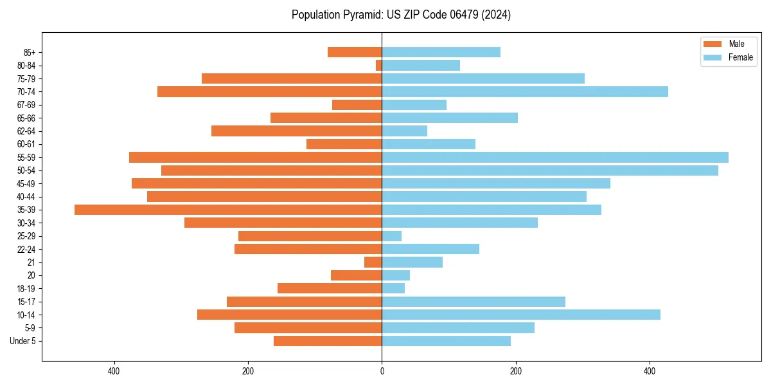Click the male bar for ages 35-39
(x=228, y=210)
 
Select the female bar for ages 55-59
(x=555, y=157)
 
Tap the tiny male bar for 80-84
(x=379, y=65)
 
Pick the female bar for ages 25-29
(x=392, y=236)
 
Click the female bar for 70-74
(x=525, y=91)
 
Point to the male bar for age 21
(x=373, y=262)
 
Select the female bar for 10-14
(x=521, y=315)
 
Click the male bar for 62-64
(x=297, y=131)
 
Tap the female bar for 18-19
(x=393, y=288)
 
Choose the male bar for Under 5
(x=328, y=341)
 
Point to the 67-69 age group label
(x=26, y=105)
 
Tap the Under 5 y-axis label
(x=22, y=341)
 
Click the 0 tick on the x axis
(x=382, y=371)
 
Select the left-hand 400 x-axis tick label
(x=114, y=371)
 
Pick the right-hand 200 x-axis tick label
(x=515, y=371)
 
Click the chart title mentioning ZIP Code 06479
(x=401, y=15)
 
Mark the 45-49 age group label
(x=26, y=183)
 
